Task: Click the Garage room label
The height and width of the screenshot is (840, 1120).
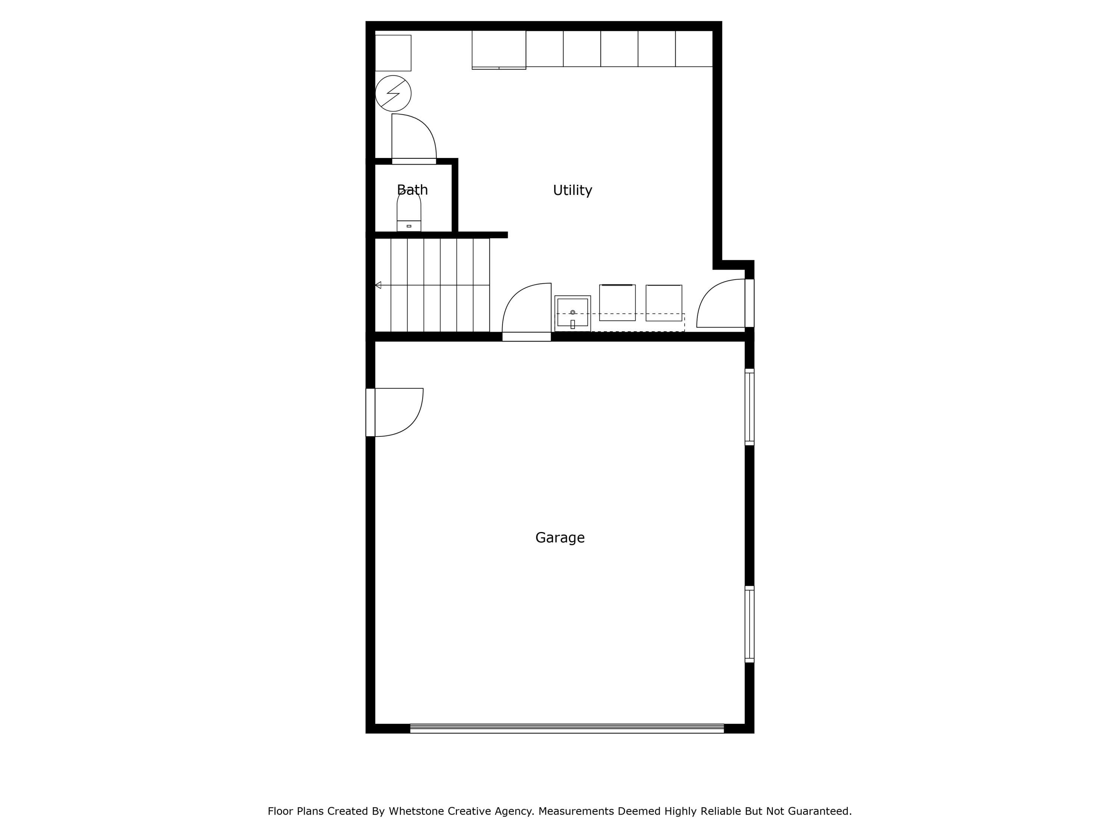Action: click(x=560, y=538)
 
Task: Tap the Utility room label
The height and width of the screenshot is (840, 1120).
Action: click(x=572, y=190)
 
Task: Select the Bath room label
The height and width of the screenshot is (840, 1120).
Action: click(x=412, y=190)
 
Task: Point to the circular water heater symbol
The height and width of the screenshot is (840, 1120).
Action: click(x=393, y=94)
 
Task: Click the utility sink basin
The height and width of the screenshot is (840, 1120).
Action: click(x=572, y=312)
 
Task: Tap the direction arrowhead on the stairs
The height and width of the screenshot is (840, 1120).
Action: click(x=378, y=285)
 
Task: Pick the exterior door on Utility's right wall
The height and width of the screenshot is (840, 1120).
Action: click(x=724, y=304)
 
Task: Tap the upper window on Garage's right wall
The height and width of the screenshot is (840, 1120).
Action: click(x=749, y=407)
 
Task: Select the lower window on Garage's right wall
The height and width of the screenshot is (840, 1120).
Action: click(x=749, y=624)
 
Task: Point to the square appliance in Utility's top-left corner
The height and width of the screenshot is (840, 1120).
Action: click(x=393, y=53)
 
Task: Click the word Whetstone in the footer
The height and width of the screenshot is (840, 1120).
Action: click(x=415, y=811)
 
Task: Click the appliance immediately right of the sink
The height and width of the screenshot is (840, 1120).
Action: click(x=617, y=303)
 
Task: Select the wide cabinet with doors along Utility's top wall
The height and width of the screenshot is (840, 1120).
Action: click(x=499, y=49)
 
